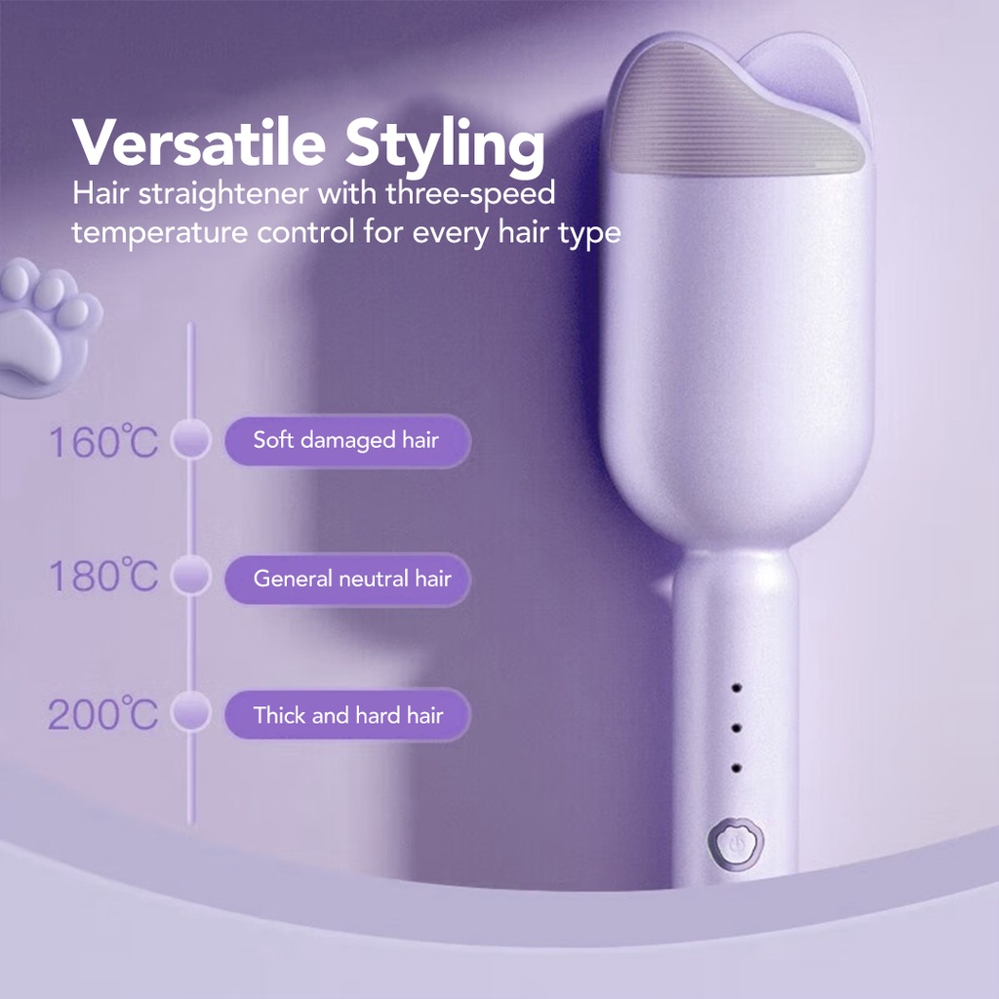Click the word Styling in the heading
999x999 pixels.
[445, 147]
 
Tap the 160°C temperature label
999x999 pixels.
[103, 441]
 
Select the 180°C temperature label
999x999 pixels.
[103, 576]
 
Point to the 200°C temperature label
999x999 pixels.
[102, 713]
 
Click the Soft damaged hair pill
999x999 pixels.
[347, 440]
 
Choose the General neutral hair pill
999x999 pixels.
[347, 579]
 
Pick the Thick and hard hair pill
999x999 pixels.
[347, 715]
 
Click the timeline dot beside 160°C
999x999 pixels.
[190, 438]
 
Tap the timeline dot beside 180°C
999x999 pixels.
[190, 575]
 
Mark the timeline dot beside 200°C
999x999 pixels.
[190, 711]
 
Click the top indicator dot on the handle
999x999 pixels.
[737, 688]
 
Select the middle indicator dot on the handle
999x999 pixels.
[737, 728]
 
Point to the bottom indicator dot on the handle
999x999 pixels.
[737, 769]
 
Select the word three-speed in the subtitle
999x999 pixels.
[470, 194]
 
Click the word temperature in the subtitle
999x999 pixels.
[159, 233]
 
